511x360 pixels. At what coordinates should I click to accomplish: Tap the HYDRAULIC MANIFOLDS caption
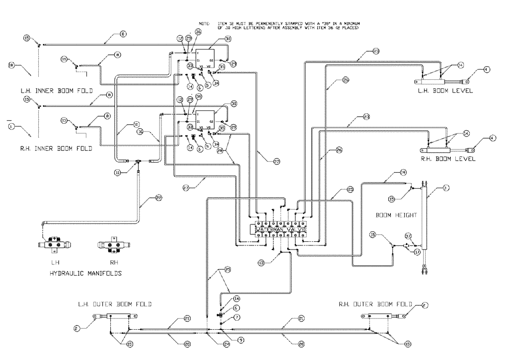[85, 274]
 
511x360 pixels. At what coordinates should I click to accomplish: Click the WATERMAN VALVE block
[281, 230]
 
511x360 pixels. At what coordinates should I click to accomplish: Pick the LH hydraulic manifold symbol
[57, 245]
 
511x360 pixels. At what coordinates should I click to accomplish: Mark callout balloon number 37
[408, 236]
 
